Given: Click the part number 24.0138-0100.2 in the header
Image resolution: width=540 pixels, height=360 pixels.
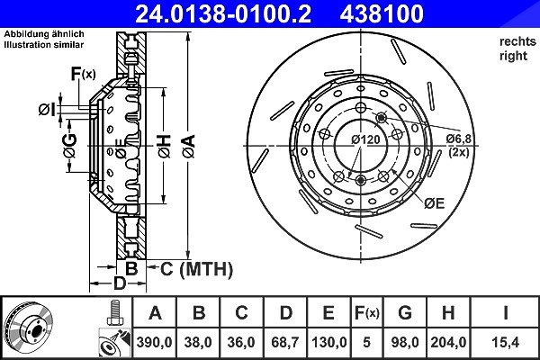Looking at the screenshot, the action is (x=223, y=13).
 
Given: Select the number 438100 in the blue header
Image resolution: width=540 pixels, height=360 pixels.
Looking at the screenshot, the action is (x=382, y=13).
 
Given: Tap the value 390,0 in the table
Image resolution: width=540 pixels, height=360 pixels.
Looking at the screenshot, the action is (x=154, y=342).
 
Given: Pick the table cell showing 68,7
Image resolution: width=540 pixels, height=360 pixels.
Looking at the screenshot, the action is (x=285, y=342).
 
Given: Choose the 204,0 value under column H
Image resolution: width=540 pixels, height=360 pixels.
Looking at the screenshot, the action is (x=448, y=342).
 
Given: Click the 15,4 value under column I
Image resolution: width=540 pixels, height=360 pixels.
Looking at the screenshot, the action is (x=505, y=342).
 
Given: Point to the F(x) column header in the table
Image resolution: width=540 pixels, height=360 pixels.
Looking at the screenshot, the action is (x=367, y=313).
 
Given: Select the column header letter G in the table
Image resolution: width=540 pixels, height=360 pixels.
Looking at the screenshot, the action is (x=405, y=313).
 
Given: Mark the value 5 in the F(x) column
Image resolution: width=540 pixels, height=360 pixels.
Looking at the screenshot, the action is (x=366, y=342).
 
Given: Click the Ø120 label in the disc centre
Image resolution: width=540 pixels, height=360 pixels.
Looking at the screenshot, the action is (x=365, y=139).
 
